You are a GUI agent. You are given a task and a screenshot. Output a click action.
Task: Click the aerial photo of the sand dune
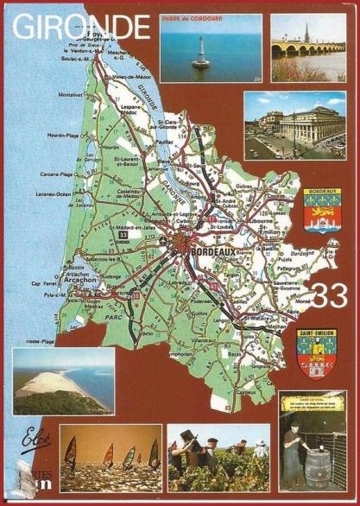coord(63,382)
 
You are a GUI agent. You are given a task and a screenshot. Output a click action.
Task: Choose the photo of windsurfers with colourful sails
coord(111,458)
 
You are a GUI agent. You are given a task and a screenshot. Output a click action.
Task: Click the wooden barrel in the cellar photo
coord(315,471)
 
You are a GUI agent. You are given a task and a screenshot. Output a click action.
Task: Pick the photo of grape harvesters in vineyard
coord(218,458)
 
